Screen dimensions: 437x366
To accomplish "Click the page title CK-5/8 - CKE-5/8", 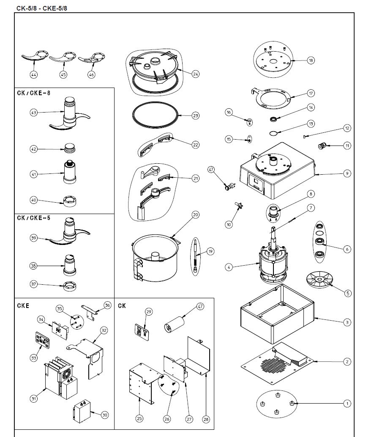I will click(x=41, y=8).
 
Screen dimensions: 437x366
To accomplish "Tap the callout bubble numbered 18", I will click(x=311, y=60).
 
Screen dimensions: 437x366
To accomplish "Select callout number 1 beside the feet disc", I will click(x=347, y=404).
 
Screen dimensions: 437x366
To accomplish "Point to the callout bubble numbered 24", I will click(x=195, y=74).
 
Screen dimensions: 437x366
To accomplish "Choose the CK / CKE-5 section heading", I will click(x=33, y=218).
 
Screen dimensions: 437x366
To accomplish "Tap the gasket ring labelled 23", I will click(x=153, y=115).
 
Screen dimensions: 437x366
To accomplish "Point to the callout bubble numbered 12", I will click(x=347, y=128).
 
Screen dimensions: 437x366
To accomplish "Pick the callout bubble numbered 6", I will click(x=347, y=249).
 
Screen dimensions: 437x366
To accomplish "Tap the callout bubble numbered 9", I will click(x=347, y=173).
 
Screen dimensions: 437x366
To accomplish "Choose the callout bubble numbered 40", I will click(x=33, y=200).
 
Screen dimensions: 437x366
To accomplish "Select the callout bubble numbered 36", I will click(x=107, y=305).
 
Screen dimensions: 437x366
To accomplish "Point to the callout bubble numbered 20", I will click(x=195, y=214).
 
